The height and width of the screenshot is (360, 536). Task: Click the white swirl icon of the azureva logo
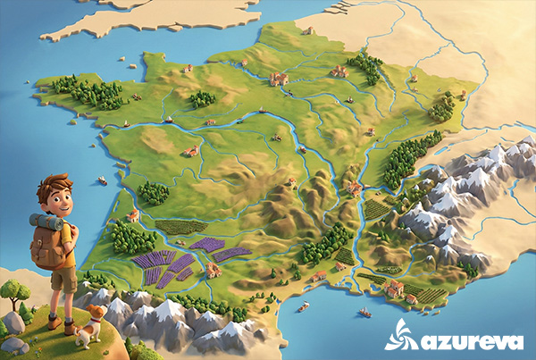(x=399, y=334)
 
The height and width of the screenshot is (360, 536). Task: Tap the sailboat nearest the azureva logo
(x=364, y=312)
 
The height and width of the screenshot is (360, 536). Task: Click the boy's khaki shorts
(x=63, y=280)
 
